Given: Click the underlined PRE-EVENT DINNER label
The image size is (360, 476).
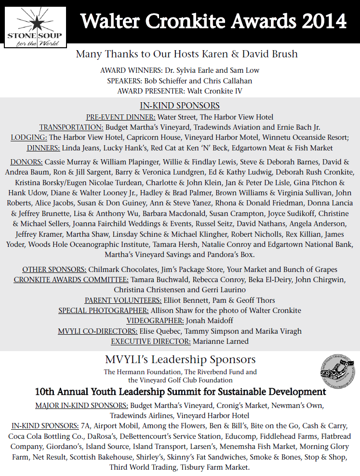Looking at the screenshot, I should click(120, 117).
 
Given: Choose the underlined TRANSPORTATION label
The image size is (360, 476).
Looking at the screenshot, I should click(71, 127).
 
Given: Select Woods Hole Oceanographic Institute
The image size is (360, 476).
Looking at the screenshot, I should click(88, 245).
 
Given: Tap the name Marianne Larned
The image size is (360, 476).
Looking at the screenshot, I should click(221, 341).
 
